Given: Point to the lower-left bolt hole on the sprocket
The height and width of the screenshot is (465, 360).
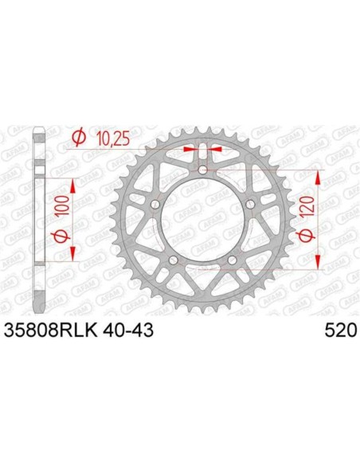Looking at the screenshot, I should tap(173, 260).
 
